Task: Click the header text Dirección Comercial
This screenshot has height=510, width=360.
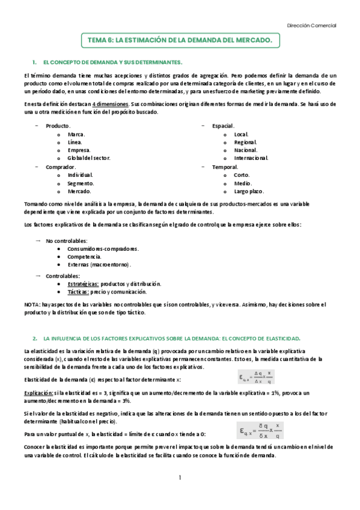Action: click(x=311, y=25)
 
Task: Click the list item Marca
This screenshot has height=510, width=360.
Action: click(x=76, y=134)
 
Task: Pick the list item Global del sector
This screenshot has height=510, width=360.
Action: click(x=89, y=158)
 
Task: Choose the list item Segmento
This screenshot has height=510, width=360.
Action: click(x=81, y=183)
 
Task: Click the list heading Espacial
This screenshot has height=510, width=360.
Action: click(x=222, y=125)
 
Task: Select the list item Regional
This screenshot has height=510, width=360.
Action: click(x=245, y=142)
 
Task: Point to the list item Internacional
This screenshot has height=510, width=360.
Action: click(x=251, y=158)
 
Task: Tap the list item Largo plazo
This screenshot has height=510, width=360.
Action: click(x=249, y=191)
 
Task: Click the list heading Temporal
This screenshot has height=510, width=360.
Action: click(x=225, y=167)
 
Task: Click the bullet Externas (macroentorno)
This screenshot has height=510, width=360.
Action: click(x=99, y=265)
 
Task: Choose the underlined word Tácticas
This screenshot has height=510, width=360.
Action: click(x=78, y=292)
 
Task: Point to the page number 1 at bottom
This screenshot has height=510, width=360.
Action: click(x=180, y=478)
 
